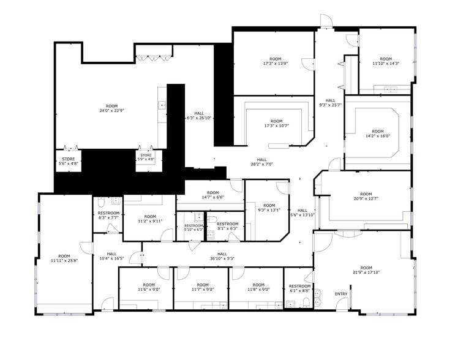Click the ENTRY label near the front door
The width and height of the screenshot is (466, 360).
coord(341,294)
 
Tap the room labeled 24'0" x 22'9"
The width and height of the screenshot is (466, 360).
coord(111,108)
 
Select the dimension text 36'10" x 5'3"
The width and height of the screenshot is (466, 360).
coord(222,258)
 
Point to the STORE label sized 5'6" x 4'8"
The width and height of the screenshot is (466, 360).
coord(68,161)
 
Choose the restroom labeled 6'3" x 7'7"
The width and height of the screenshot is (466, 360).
coord(108,215)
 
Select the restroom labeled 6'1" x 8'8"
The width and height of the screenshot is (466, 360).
coord(299,288)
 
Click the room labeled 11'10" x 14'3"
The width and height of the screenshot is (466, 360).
coord(386,61)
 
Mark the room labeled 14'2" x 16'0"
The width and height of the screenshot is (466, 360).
coord(377,134)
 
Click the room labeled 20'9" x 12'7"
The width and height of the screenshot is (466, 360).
coord(366,197)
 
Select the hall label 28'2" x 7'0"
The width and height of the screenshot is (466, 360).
coord(262,162)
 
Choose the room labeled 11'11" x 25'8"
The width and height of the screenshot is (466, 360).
coord(64,259)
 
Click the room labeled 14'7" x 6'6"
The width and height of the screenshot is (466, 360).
coord(212,195)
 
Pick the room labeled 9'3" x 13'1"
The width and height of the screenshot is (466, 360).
coord(269,208)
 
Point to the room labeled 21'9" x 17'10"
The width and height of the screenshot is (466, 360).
coord(366,270)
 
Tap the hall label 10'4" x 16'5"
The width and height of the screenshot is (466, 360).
coord(112,257)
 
